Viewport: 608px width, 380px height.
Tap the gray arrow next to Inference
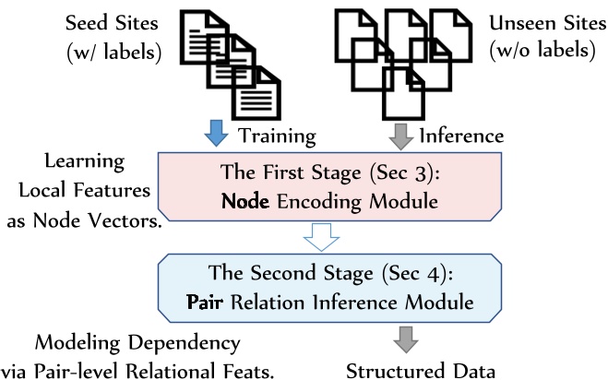(x=400, y=135)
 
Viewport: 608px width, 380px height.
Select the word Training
(x=277, y=137)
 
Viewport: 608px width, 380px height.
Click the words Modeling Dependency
(x=124, y=342)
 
